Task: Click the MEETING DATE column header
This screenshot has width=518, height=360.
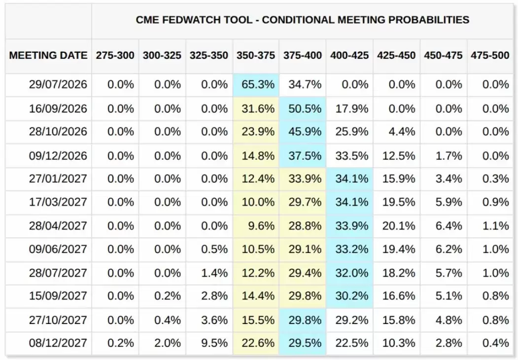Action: tap(48, 55)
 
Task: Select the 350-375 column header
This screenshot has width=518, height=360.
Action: tap(256, 55)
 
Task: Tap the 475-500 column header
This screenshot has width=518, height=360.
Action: tap(490, 55)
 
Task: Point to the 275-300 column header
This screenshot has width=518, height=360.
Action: tap(115, 55)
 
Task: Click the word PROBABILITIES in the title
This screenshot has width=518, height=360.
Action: tap(429, 20)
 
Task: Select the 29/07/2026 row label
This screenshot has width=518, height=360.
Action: tap(58, 85)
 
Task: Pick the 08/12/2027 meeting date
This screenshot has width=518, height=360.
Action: tap(58, 343)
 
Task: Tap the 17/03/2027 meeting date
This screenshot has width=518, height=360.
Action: tap(58, 202)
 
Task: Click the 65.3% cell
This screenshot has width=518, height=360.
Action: tap(258, 85)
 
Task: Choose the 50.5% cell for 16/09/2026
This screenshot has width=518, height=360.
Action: tap(305, 109)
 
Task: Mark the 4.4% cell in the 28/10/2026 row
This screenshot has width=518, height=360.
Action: tap(402, 132)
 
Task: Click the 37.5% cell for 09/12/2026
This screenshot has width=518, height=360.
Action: tap(305, 156)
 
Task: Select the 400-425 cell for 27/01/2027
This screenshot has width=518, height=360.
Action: tap(352, 179)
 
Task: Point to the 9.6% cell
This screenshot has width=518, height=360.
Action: tap(261, 226)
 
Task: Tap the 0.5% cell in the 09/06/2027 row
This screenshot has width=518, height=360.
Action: tap(214, 249)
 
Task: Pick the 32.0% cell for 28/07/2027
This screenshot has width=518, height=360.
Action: tap(352, 273)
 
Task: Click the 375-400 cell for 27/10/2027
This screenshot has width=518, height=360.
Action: tap(305, 320)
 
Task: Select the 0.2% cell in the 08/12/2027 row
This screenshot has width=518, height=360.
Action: tap(121, 343)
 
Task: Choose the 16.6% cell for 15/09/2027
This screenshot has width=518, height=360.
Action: tap(399, 296)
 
